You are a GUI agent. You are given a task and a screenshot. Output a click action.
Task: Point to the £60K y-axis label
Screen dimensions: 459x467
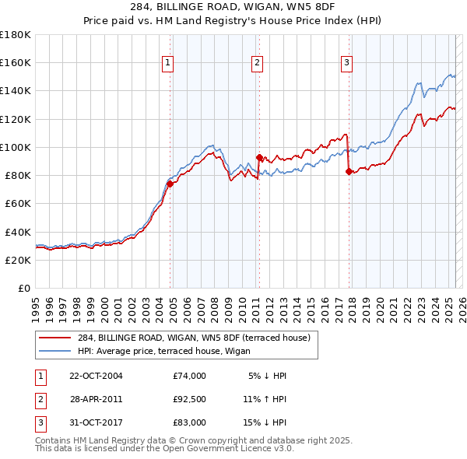[17, 203]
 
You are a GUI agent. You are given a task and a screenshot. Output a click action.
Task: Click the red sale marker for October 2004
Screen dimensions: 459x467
[169, 184]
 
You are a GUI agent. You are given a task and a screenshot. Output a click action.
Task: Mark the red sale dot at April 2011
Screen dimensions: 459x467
[259, 157]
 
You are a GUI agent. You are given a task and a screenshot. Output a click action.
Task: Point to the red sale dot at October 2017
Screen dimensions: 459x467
[349, 171]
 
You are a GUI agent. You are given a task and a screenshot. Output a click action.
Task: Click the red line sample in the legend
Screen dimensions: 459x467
[55, 338]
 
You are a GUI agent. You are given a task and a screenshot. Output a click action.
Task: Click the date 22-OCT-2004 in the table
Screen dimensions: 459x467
[97, 376]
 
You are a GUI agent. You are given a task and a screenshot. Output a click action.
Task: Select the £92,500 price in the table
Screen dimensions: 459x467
[190, 399]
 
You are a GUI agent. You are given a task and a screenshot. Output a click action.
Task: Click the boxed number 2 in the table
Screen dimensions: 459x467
[40, 399]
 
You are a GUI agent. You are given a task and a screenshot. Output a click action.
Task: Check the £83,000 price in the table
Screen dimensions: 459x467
[190, 422]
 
